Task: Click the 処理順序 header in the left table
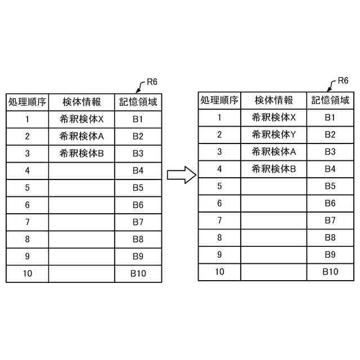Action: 27,102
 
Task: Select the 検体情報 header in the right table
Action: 274,101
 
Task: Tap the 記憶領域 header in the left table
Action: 138,102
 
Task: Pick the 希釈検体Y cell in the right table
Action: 274,134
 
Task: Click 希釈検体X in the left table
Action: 82,119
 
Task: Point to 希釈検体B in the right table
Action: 274,168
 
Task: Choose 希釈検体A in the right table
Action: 274,151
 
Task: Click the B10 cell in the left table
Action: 138,274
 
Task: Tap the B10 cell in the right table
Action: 330,272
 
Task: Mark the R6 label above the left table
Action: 151,83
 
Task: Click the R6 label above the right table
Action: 343,81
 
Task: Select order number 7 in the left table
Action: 27,222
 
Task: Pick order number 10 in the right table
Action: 219,272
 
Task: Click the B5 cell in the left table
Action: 138,188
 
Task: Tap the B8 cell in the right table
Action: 330,237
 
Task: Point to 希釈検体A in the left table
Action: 82,136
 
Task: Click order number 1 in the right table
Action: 219,118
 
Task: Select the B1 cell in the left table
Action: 138,119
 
